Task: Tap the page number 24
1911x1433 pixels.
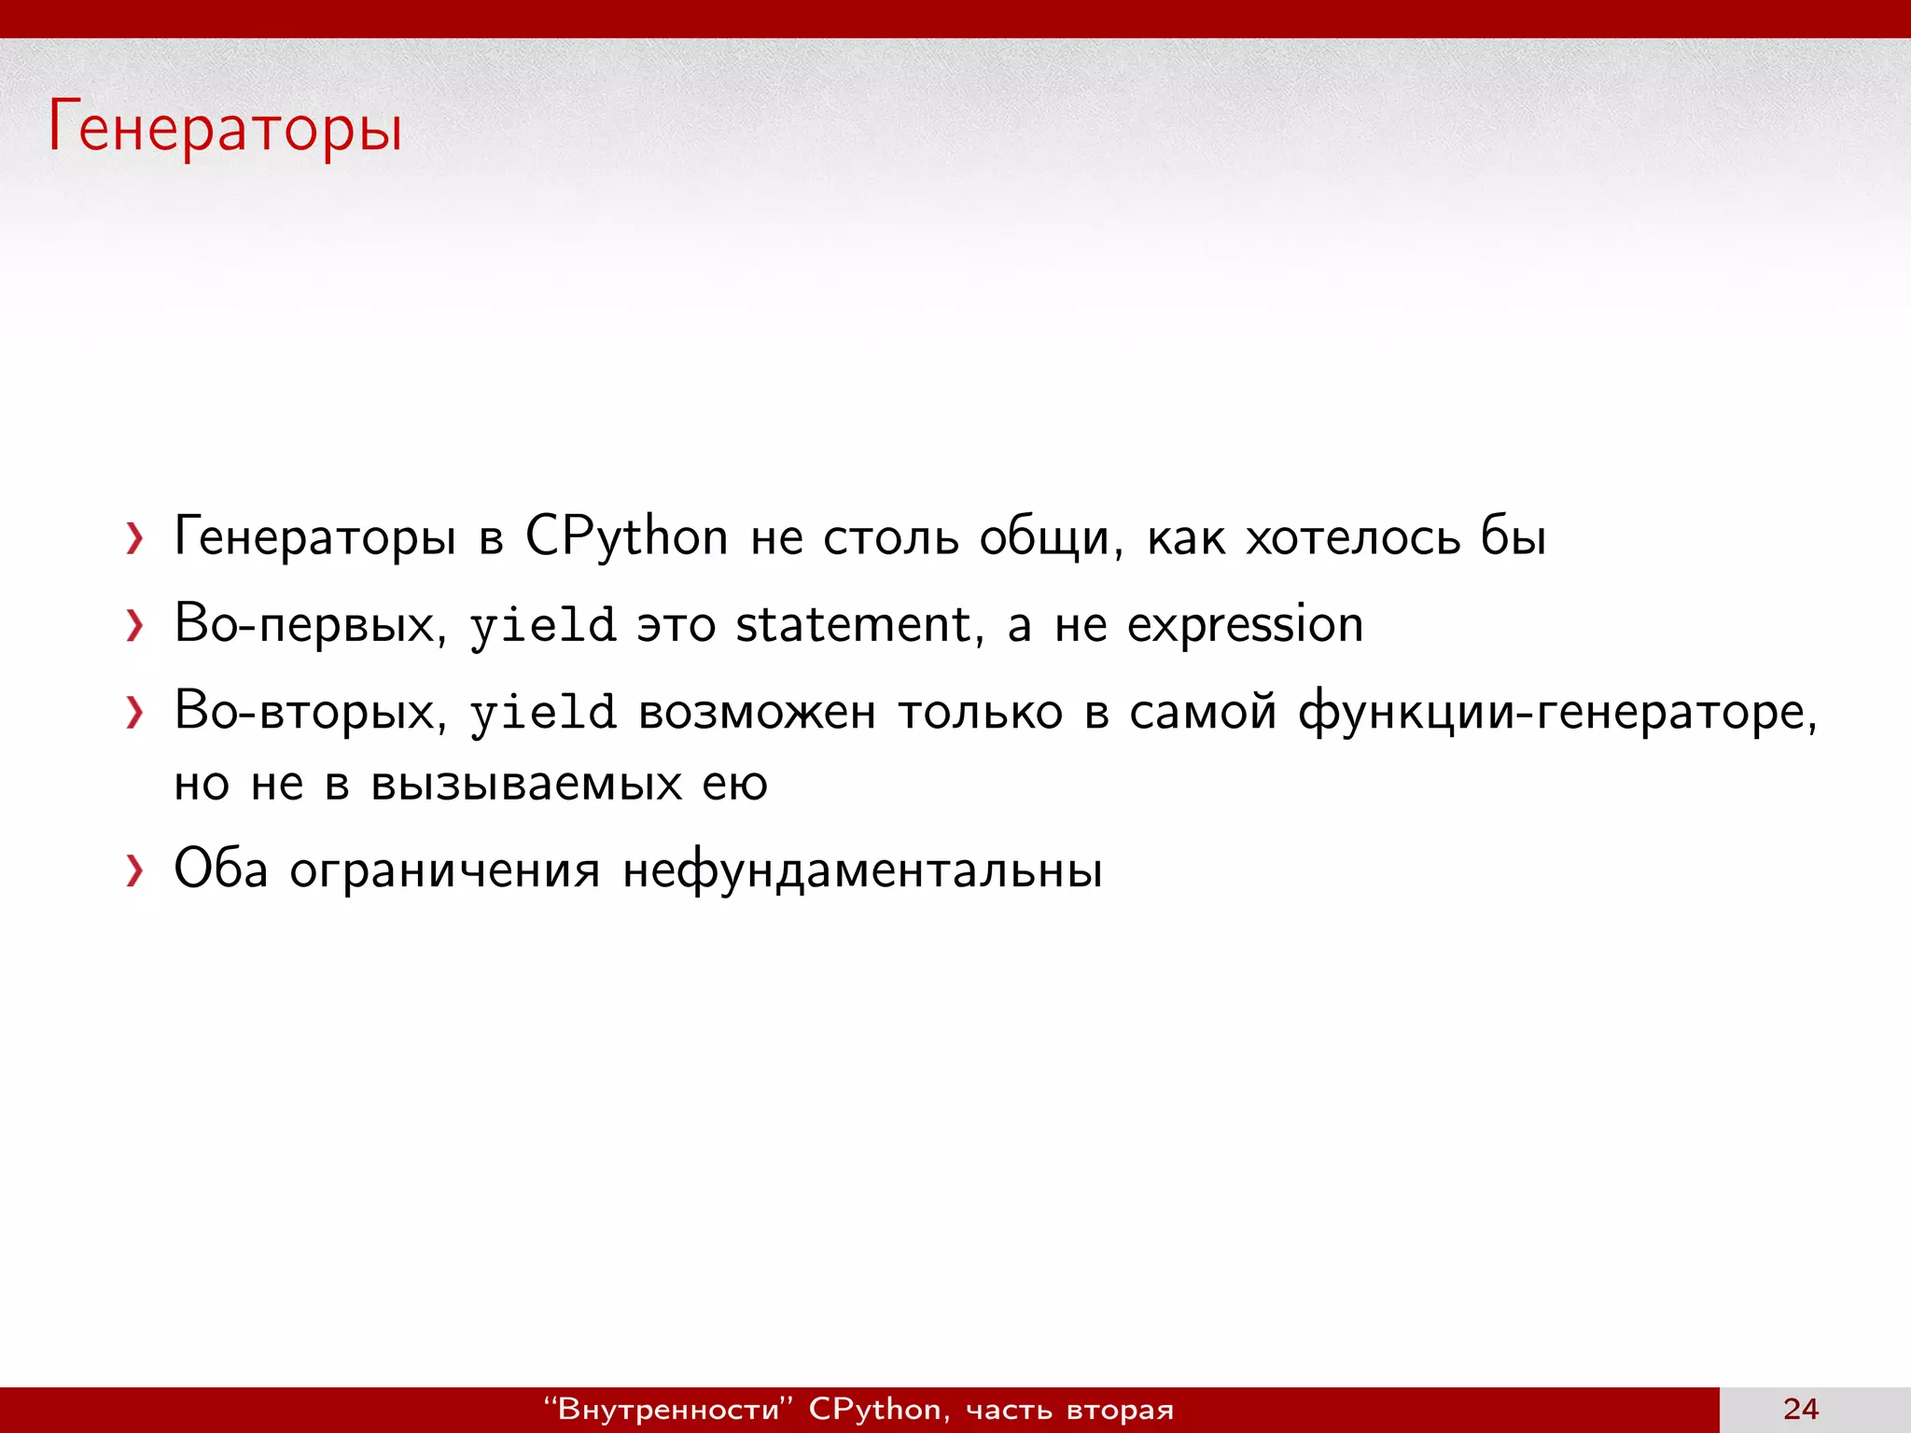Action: tap(1801, 1409)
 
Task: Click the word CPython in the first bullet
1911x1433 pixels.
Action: tap(626, 538)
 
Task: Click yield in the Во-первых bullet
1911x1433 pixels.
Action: tap(542, 626)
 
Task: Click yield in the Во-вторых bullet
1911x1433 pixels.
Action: tap(542, 714)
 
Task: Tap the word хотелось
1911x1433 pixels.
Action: tap(1353, 538)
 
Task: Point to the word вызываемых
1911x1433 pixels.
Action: tap(526, 784)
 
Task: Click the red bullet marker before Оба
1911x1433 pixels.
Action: tap(135, 870)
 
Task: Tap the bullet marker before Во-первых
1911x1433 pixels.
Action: tap(135, 625)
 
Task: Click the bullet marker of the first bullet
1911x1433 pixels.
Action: tap(135, 538)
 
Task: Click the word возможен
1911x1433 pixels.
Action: tap(757, 714)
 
